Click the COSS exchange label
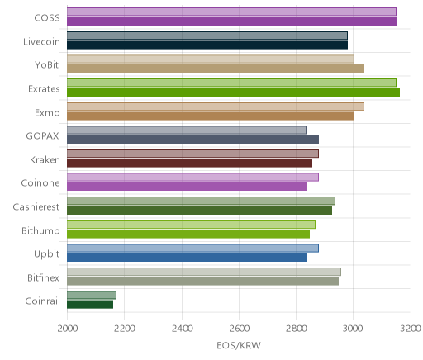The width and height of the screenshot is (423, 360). click(47, 17)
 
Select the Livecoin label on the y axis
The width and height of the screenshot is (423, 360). click(41, 41)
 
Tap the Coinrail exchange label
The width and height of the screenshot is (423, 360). click(42, 301)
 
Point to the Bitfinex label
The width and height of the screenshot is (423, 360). click(43, 277)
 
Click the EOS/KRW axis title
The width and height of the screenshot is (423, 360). click(239, 345)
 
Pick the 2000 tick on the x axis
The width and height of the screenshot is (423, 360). click(67, 329)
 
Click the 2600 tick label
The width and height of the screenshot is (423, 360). click(239, 329)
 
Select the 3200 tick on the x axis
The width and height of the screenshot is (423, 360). click(411, 329)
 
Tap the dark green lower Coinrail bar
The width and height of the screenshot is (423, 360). click(90, 305)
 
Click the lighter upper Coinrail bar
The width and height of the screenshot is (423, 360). click(92, 295)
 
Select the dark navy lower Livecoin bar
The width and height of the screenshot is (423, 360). click(207, 45)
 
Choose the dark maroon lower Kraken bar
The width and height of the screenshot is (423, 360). click(190, 163)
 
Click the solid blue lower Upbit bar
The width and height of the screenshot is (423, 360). click(187, 258)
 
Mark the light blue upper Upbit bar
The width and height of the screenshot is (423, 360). click(192, 248)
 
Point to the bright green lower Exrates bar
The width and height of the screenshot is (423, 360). click(234, 92)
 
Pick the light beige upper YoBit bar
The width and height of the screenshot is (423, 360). click(211, 59)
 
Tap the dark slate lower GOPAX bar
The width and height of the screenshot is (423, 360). click(193, 140)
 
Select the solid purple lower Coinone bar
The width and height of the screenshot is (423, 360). click(187, 187)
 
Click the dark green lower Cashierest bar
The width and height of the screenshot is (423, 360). click(200, 211)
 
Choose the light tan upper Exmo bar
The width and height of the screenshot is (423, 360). click(216, 107)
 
